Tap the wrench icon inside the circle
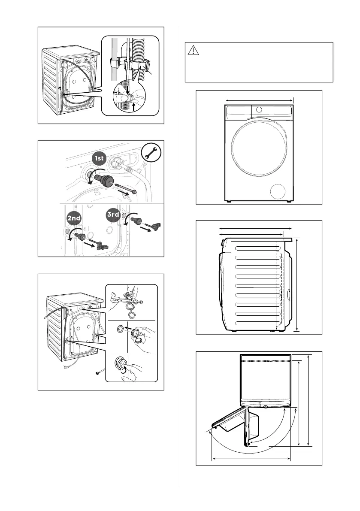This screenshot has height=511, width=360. click(x=150, y=153)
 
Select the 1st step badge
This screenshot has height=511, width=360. click(x=100, y=159)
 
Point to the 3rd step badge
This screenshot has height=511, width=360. click(x=112, y=215)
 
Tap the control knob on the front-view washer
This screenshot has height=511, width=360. click(x=259, y=109)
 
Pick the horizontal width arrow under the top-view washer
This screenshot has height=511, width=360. click(x=251, y=459)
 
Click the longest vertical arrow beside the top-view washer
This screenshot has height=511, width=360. click(x=309, y=400)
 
